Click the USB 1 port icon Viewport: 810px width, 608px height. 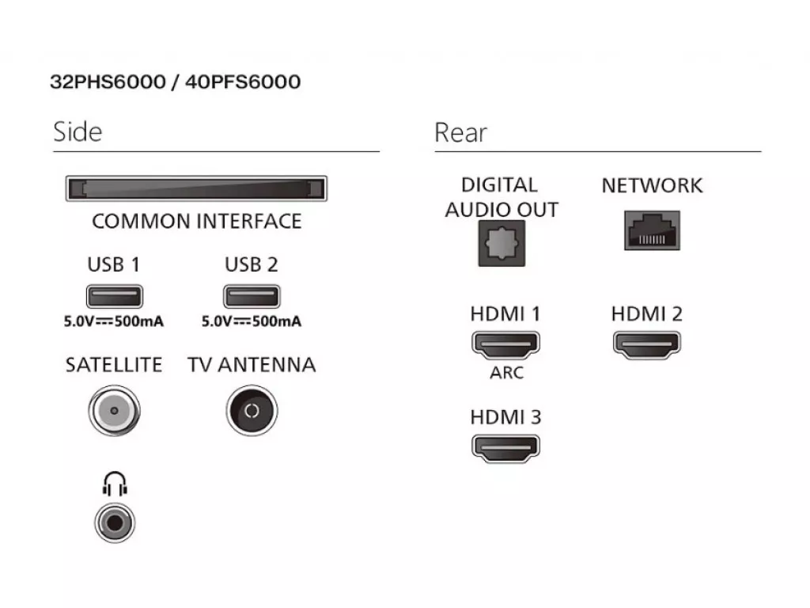pos(114,297)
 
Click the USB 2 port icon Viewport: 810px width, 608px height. pos(252,297)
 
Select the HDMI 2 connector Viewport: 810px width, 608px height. pos(646,344)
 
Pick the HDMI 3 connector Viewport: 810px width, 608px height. pos(505,447)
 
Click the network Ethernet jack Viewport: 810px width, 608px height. pos(652,230)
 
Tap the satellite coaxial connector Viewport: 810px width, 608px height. pos(113,410)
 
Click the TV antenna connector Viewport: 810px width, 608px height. pos(252,410)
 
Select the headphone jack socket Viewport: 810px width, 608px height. pos(114,522)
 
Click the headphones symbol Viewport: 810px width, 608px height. pos(114,484)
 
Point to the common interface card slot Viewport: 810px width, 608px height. pos(195,190)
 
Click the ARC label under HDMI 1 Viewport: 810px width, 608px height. pos(506,373)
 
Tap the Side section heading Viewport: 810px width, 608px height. pos(78,131)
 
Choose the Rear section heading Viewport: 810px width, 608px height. pos(460,132)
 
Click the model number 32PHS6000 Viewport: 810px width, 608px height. pos(107,82)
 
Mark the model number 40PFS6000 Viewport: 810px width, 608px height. pos(242,82)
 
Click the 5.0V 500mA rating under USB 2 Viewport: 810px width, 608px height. pos(252,322)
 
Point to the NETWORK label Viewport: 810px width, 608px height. pos(652,186)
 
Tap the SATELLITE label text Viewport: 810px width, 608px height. pos(113,365)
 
